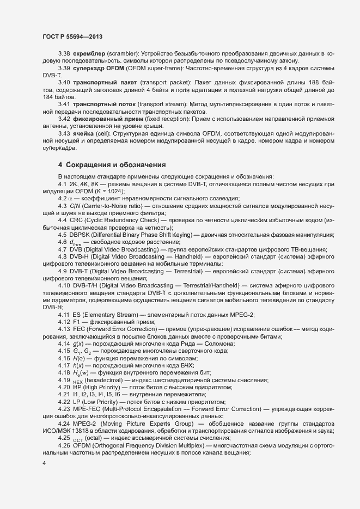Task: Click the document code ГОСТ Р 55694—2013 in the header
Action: click(72, 36)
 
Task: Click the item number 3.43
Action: click(64, 132)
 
